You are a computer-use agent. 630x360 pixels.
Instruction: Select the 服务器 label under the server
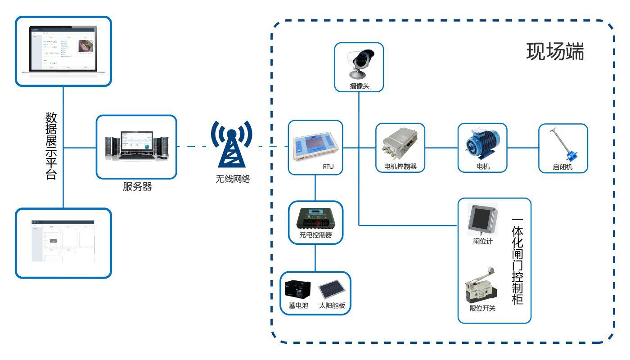137,187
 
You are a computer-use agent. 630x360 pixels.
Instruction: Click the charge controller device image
315,219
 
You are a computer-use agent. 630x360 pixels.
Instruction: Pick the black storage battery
298,292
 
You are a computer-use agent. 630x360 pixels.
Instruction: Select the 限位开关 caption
482,309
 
